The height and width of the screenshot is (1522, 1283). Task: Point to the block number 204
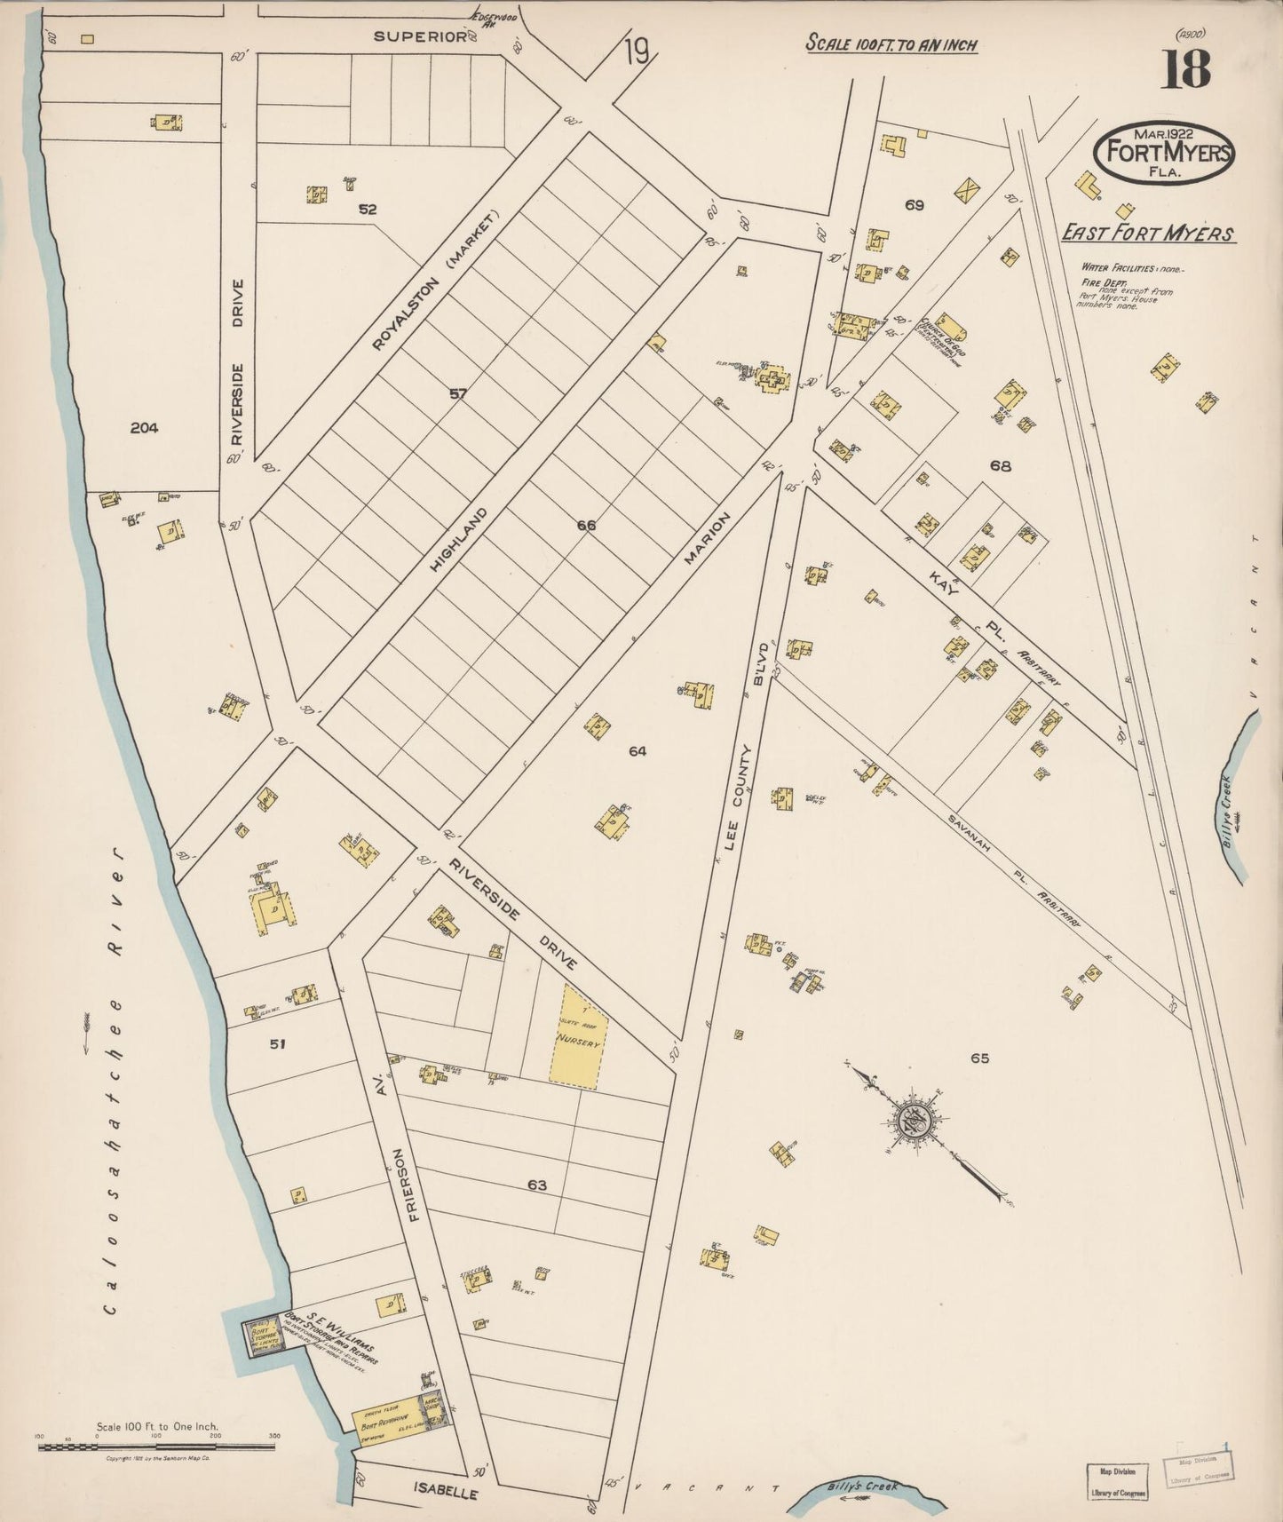(144, 428)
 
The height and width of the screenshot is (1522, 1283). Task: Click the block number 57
(457, 393)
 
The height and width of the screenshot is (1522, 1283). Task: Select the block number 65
(979, 1058)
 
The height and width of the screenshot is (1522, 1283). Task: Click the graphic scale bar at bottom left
(156, 1447)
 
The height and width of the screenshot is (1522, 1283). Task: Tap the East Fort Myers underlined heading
(1148, 234)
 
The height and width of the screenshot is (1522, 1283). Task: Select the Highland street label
(459, 539)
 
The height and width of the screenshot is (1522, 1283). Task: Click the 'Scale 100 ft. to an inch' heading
(891, 44)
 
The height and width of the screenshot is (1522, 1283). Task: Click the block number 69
(915, 205)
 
